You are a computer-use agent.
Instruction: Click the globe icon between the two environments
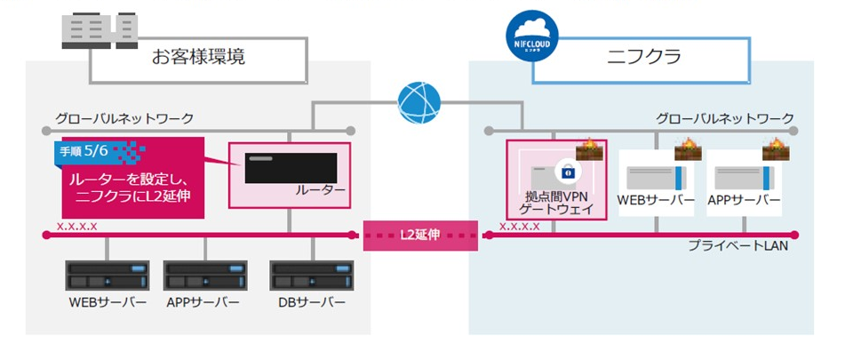(x=419, y=103)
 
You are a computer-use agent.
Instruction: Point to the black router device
(x=290, y=168)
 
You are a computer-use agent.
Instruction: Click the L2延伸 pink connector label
(x=422, y=235)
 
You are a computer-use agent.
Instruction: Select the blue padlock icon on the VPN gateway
(x=564, y=172)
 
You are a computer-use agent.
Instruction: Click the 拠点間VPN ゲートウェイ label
(x=556, y=201)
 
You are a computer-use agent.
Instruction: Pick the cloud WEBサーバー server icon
(x=655, y=173)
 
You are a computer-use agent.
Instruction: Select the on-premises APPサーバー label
(x=203, y=302)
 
